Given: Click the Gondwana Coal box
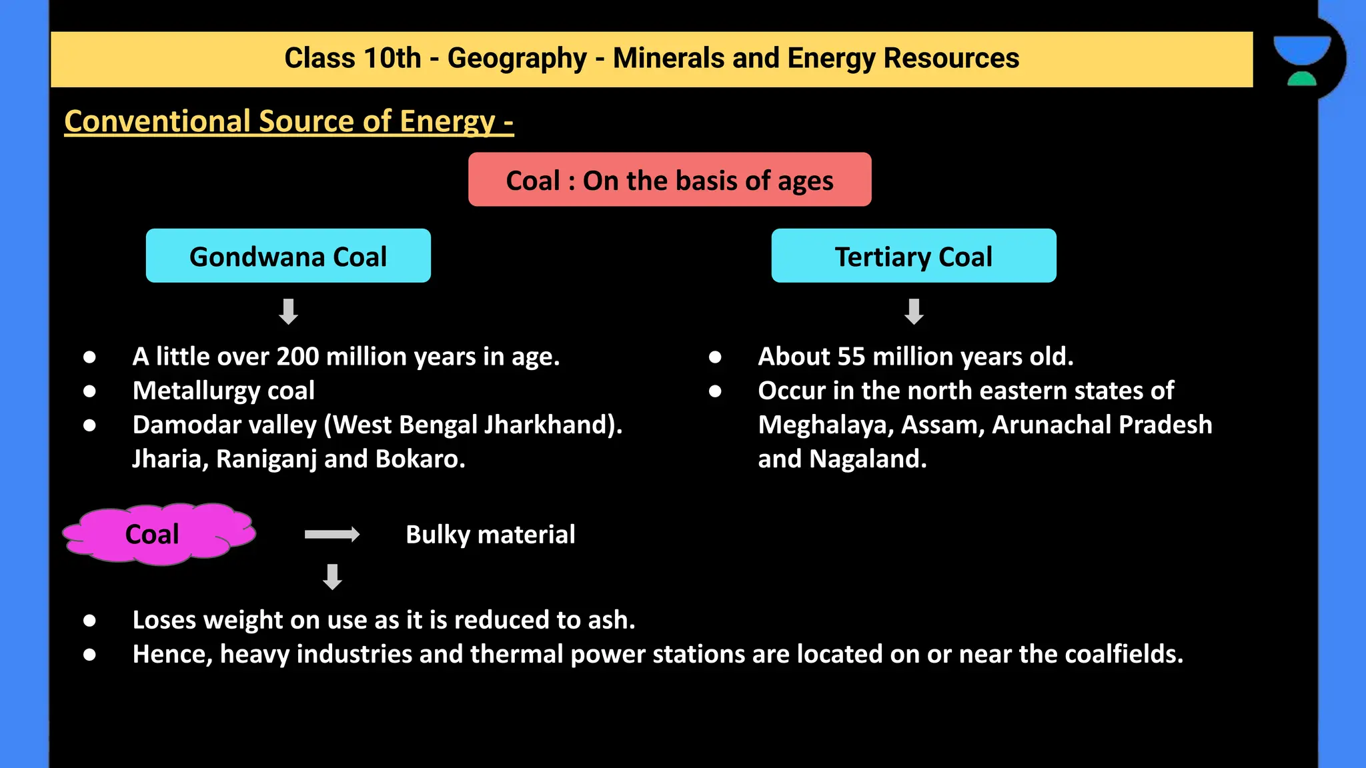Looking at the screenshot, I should tap(288, 256).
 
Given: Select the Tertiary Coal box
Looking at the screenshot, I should tap(913, 256).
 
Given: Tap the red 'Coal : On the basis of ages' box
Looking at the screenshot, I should tap(669, 180).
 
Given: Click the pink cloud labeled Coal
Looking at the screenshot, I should tap(157, 534).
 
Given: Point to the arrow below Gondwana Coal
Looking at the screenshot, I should tap(288, 311).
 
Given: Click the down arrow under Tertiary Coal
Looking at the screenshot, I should tap(914, 311).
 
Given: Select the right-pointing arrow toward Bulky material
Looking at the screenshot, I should tap(331, 534).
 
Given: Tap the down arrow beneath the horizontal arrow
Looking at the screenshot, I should tap(332, 577).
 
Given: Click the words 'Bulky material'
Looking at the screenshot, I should tap(490, 535).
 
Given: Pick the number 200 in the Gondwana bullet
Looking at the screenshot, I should tap(297, 357).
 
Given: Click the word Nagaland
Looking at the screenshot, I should tap(867, 459).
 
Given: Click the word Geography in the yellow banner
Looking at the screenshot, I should tap(517, 59).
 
